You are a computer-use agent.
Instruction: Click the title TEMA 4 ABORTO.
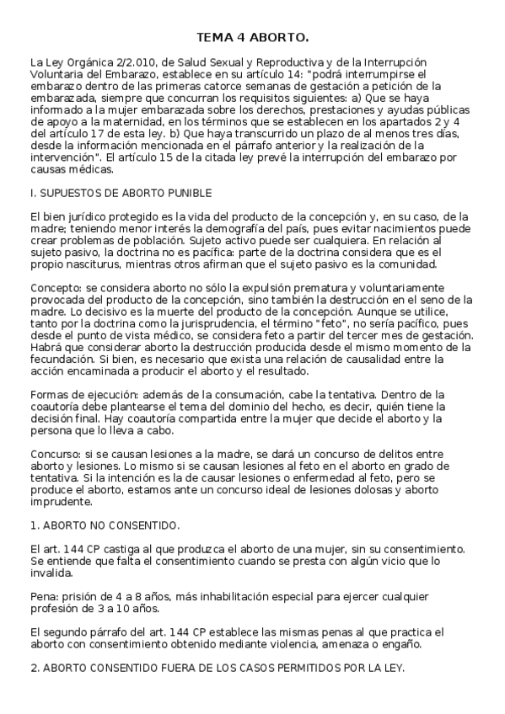click(252, 38)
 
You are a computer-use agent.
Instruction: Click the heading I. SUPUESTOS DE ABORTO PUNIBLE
click(121, 193)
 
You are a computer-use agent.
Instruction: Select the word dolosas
click(381, 490)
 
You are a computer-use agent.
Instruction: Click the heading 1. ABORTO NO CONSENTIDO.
click(105, 525)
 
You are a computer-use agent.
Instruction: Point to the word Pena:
click(45, 596)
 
